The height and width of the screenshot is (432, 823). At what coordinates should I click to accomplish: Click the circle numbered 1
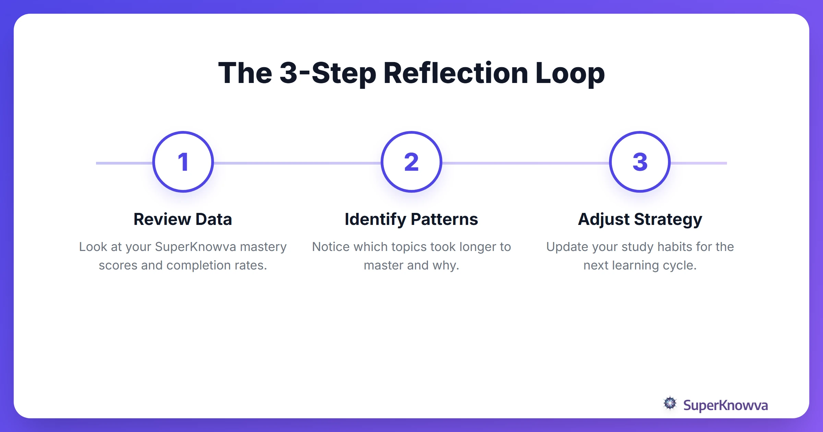(183, 162)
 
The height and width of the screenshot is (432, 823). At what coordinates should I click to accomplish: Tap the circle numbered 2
(411, 162)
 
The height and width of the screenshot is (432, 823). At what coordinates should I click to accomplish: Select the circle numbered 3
(640, 162)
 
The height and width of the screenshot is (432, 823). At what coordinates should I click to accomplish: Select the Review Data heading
(183, 219)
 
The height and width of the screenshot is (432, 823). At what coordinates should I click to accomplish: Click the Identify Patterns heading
(411, 219)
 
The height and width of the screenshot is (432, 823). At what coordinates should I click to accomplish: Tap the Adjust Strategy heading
(640, 219)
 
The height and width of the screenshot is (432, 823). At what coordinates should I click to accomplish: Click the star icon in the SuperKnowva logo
(670, 404)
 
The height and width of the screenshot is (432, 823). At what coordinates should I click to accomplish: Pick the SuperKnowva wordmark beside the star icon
(725, 405)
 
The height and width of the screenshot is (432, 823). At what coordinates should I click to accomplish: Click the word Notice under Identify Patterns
(331, 247)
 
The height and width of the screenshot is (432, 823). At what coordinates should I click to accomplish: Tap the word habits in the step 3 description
(675, 247)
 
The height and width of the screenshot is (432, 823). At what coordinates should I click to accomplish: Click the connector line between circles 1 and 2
(297, 163)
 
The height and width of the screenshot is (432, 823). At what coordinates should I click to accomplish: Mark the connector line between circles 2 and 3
(525, 163)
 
